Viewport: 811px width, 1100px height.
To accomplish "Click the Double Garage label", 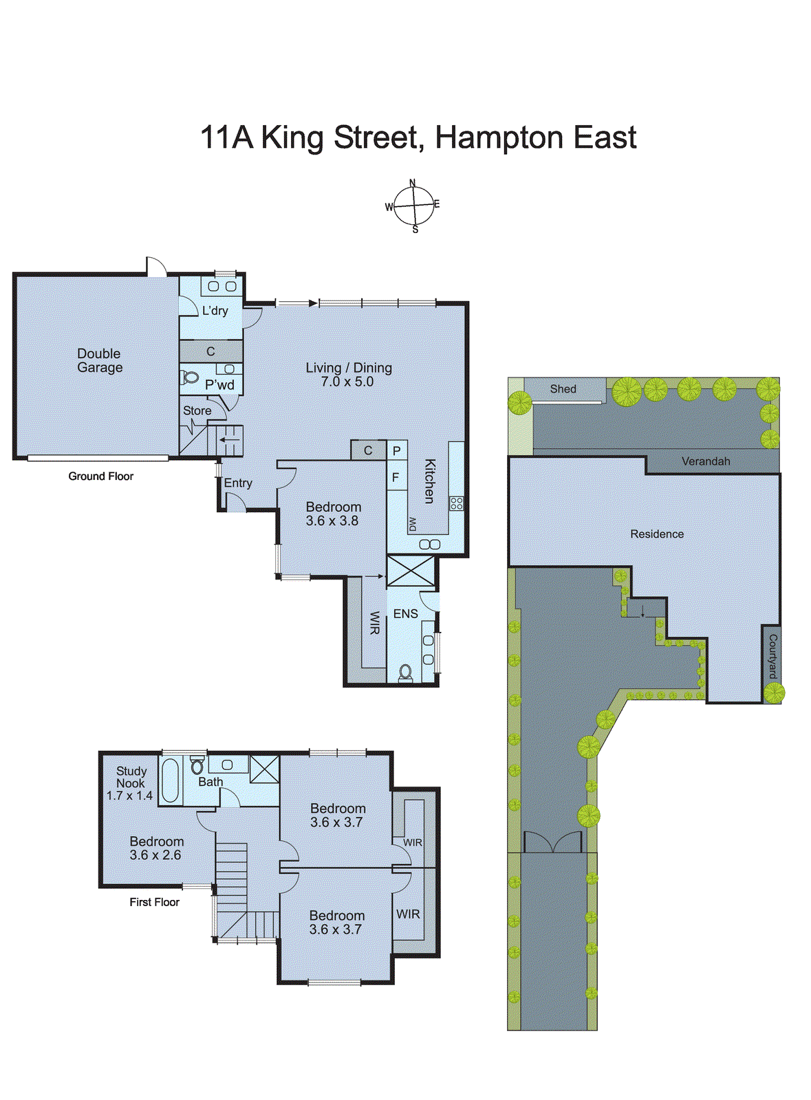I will click(x=99, y=360).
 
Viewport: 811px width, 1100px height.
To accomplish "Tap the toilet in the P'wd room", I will click(x=190, y=378).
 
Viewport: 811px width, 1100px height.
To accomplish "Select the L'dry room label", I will click(x=215, y=311).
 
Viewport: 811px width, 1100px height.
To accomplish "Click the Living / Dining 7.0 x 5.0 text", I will click(x=349, y=375).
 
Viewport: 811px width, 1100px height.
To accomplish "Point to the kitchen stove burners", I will click(x=456, y=503).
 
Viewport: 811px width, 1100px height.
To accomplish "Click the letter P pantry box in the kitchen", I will click(x=396, y=452).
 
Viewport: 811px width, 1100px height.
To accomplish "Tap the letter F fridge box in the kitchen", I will click(x=396, y=477).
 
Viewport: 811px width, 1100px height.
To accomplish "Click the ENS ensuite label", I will click(x=405, y=614).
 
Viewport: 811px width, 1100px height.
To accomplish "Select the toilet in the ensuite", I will click(x=405, y=672).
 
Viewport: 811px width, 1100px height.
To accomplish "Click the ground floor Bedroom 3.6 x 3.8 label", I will click(x=333, y=514).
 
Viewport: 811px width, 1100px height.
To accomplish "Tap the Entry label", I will click(x=238, y=483).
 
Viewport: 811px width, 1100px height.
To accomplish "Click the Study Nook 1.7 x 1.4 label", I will click(x=130, y=783).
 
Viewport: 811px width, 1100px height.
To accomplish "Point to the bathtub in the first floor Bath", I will click(x=170, y=780).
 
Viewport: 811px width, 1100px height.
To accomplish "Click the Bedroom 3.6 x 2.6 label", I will click(x=156, y=848).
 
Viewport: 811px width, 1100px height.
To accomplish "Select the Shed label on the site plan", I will click(x=563, y=389).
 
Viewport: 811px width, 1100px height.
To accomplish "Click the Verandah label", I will click(x=705, y=461).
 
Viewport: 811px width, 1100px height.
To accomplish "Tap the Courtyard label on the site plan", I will click(x=772, y=657).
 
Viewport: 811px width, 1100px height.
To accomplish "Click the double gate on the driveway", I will click(x=552, y=842).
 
